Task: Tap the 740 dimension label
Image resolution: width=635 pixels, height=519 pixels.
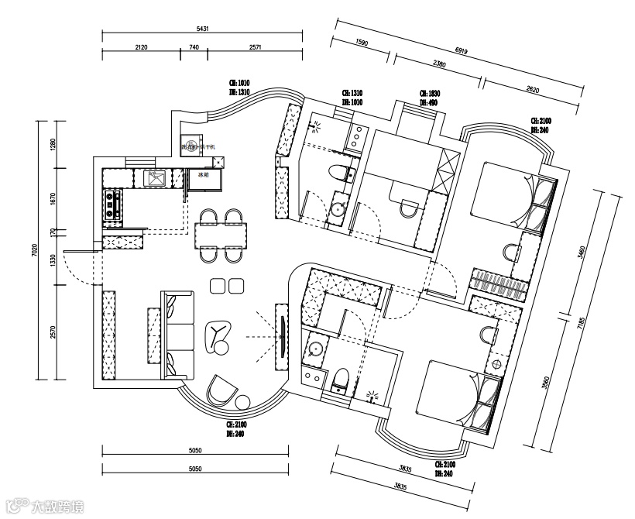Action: click(194, 47)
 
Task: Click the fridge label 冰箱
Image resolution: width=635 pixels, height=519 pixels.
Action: click(204, 176)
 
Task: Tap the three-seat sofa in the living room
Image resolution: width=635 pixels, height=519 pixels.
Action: click(179, 334)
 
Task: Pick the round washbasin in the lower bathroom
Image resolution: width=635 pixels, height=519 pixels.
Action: click(314, 349)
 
